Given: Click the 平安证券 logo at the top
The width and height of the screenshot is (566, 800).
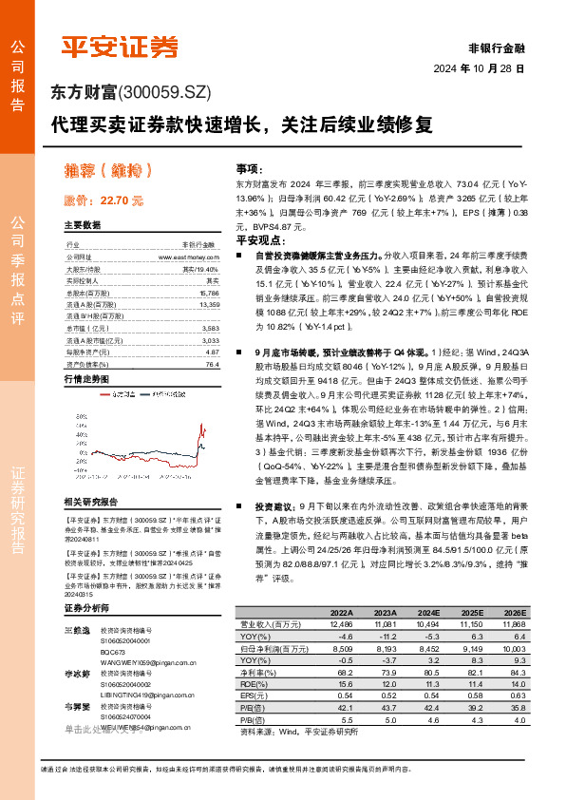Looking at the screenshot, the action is click(x=120, y=47).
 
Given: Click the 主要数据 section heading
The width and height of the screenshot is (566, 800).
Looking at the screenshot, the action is click(x=82, y=226).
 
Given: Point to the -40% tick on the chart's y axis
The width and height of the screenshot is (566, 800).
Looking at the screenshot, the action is click(x=72, y=481).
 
